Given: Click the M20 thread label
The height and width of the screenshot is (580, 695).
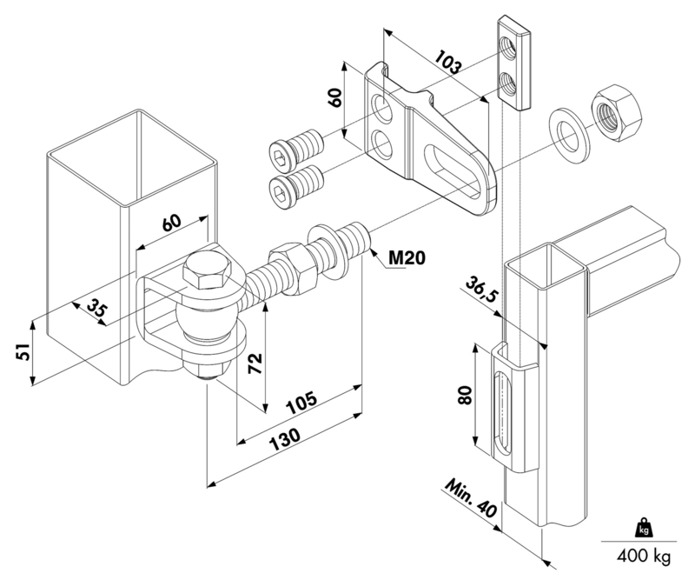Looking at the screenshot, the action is pyautogui.click(x=407, y=257).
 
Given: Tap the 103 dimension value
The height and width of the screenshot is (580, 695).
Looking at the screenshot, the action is pyautogui.click(x=448, y=62).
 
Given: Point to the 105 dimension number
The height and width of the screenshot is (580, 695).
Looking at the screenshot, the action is pyautogui.click(x=301, y=402).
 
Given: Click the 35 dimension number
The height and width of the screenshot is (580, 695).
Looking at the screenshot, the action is pyautogui.click(x=96, y=307).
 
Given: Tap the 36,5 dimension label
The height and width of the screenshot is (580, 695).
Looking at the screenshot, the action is pyautogui.click(x=481, y=288).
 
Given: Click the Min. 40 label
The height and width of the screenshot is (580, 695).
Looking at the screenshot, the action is pyautogui.click(x=471, y=497).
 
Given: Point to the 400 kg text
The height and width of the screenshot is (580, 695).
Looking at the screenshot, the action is pyautogui.click(x=644, y=556).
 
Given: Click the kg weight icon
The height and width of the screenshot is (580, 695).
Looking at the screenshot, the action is pyautogui.click(x=644, y=527).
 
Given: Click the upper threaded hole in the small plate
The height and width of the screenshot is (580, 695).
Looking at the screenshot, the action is pyautogui.click(x=507, y=45).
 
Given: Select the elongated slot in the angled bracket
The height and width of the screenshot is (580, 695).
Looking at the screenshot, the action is pyautogui.click(x=453, y=170).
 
